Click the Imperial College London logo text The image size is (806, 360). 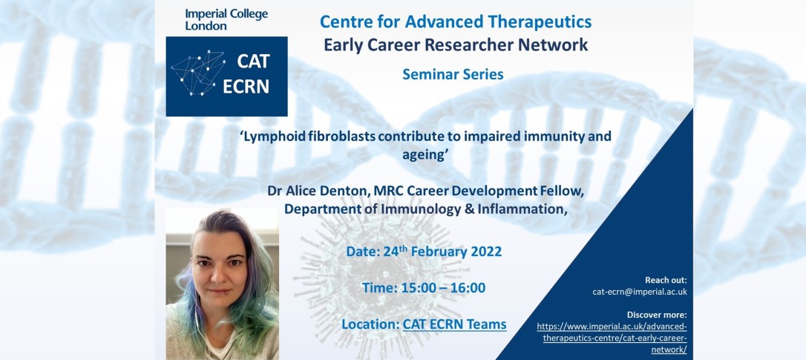click(x=226, y=19)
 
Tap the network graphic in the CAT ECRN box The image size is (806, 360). click(x=198, y=73)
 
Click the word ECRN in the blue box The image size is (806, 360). click(x=246, y=86)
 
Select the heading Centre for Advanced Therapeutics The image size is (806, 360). click(x=456, y=22)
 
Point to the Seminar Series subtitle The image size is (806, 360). click(x=453, y=74)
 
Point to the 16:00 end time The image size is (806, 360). click(x=468, y=288)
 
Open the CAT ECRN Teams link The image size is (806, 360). click(x=454, y=324)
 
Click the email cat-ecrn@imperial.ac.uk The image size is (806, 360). click(x=640, y=292)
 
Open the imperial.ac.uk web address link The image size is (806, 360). click(x=612, y=338)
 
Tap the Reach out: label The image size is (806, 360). click(x=666, y=281)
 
